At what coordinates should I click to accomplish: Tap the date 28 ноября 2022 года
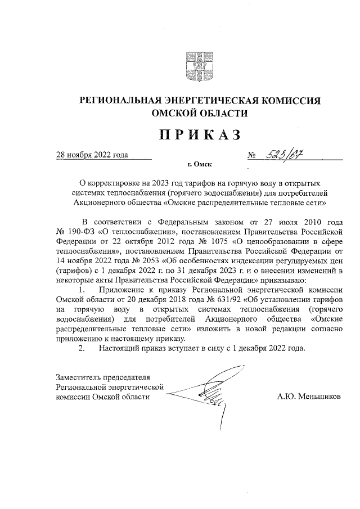click(91, 155)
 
